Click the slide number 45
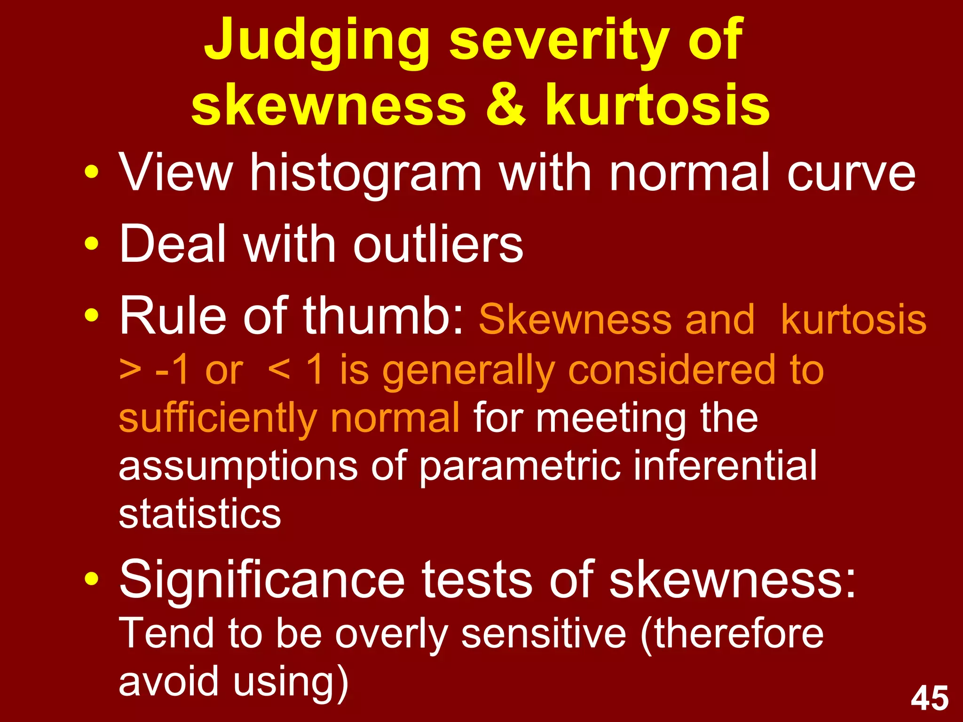click(x=930, y=698)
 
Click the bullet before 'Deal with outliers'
click(x=92, y=244)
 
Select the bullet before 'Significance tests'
click(x=92, y=579)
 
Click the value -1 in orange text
click(x=172, y=370)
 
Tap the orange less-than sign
click(x=279, y=370)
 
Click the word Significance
click(x=262, y=579)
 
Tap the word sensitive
click(x=543, y=634)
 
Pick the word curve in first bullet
click(x=851, y=173)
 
